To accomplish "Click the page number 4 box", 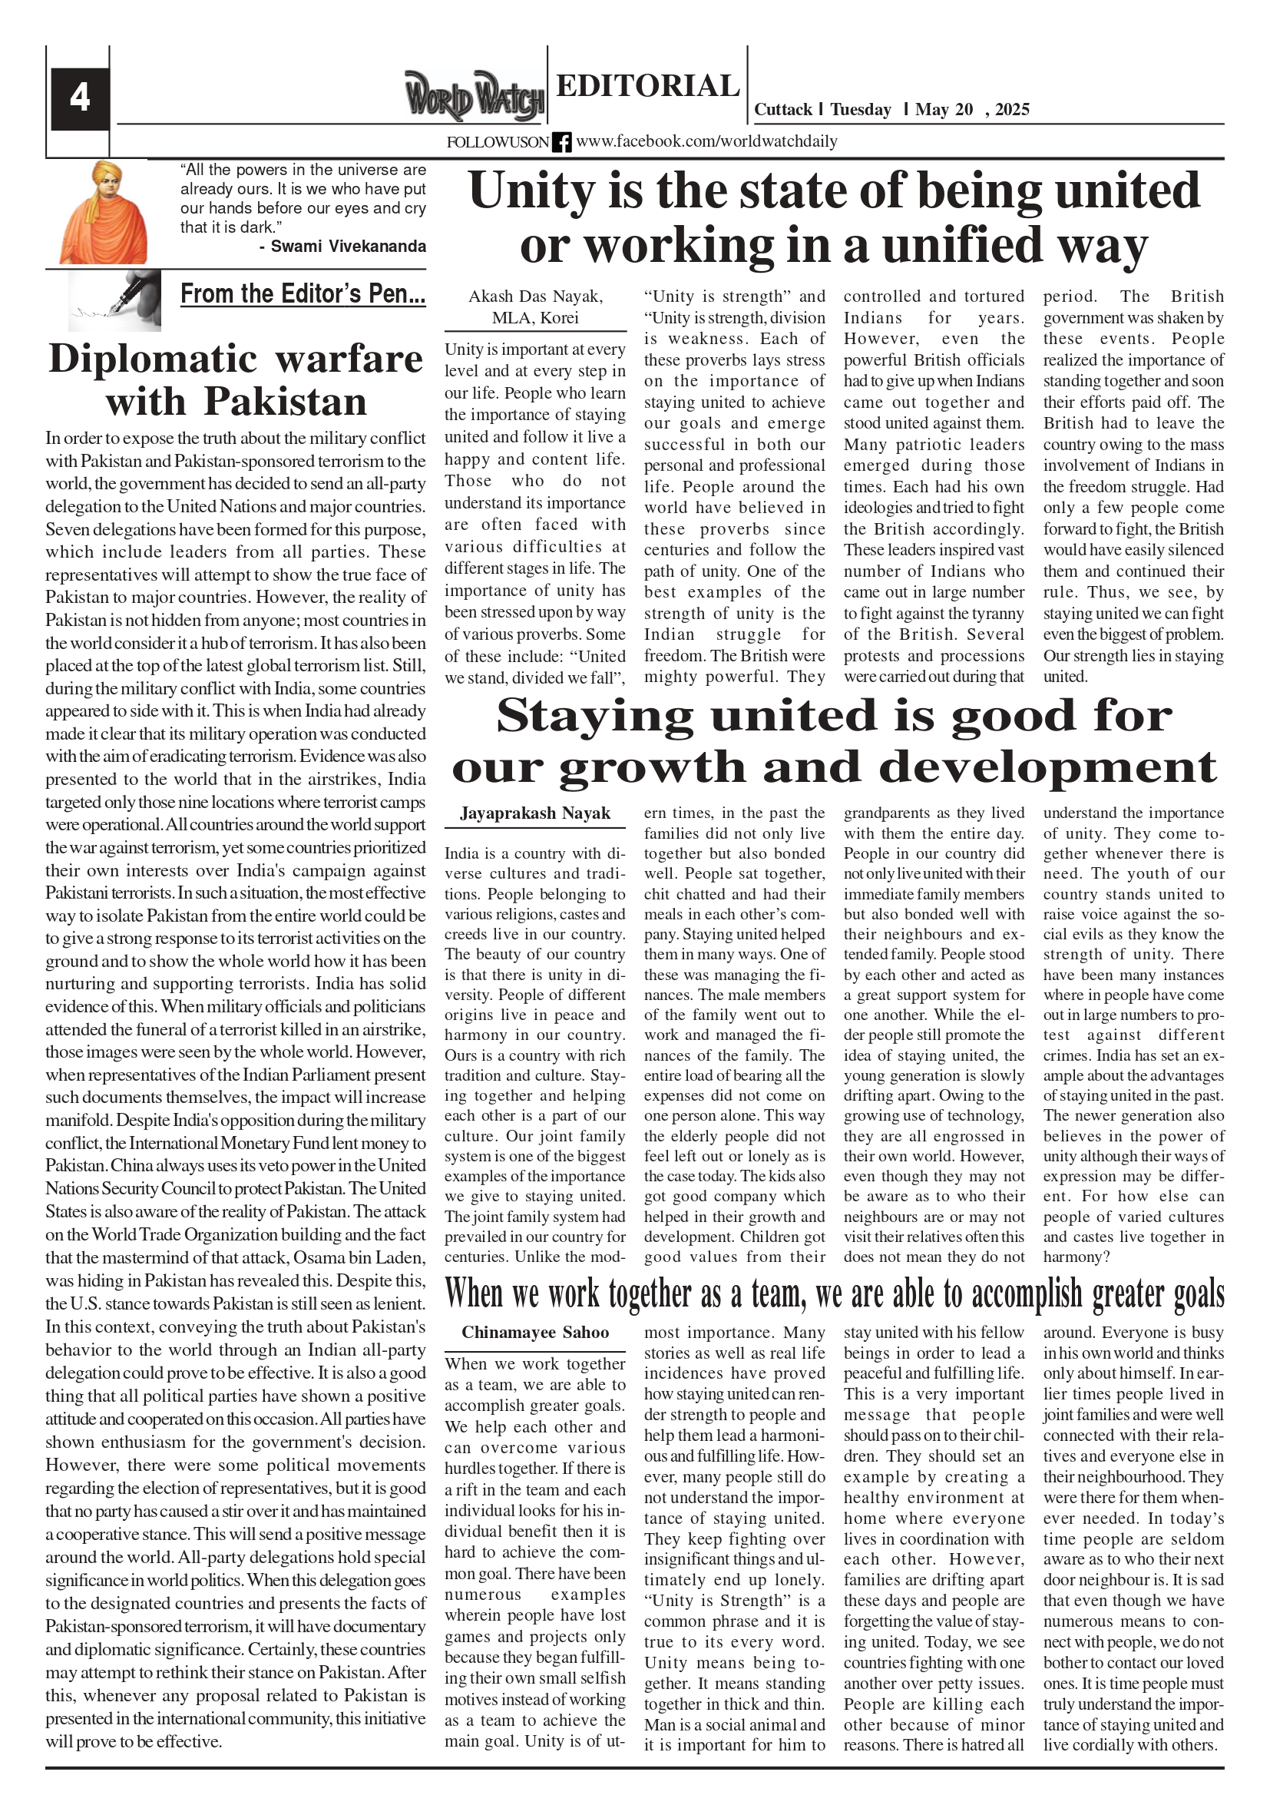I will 80,98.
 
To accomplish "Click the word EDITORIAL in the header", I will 647,85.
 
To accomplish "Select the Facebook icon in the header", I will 561,142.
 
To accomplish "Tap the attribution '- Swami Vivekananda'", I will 342,247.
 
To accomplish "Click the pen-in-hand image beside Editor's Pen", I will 115,300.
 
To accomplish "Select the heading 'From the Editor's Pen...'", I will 303,294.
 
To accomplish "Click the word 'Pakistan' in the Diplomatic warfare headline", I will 286,402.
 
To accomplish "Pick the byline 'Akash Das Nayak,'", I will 535,296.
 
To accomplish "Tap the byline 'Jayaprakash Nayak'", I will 535,813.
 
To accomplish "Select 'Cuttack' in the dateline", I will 782,110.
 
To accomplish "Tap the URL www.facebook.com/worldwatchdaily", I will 706,141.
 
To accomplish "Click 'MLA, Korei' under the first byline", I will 535,318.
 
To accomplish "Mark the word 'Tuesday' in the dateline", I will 860,110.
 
